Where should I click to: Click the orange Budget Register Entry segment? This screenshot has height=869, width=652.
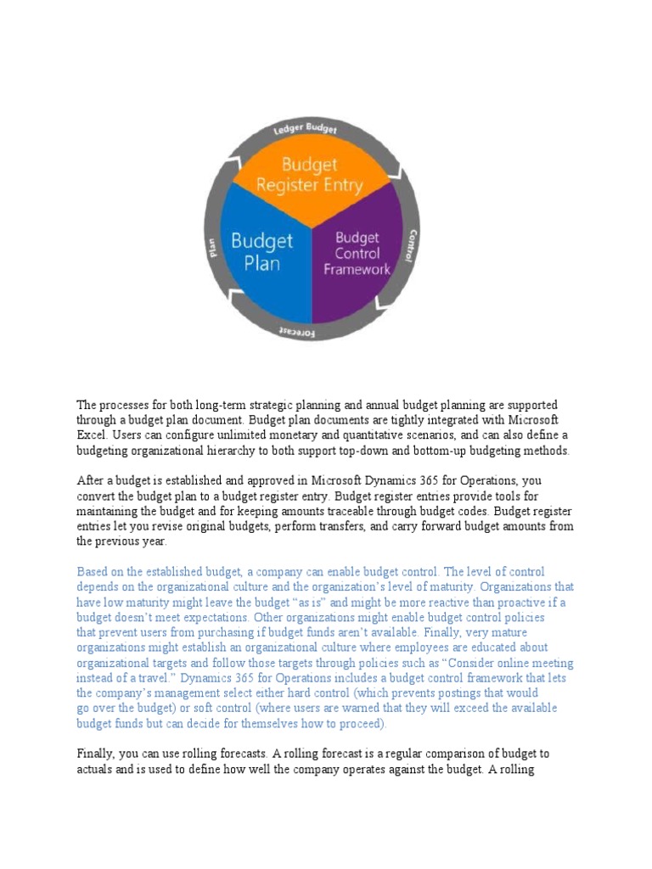click(310, 174)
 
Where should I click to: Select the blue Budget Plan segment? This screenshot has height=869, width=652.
click(261, 251)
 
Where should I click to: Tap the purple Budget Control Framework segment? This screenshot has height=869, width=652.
click(357, 253)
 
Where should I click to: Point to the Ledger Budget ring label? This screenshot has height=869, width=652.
click(305, 128)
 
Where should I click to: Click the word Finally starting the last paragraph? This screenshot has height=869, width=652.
click(96, 753)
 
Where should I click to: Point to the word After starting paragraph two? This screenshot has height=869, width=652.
click(92, 480)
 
